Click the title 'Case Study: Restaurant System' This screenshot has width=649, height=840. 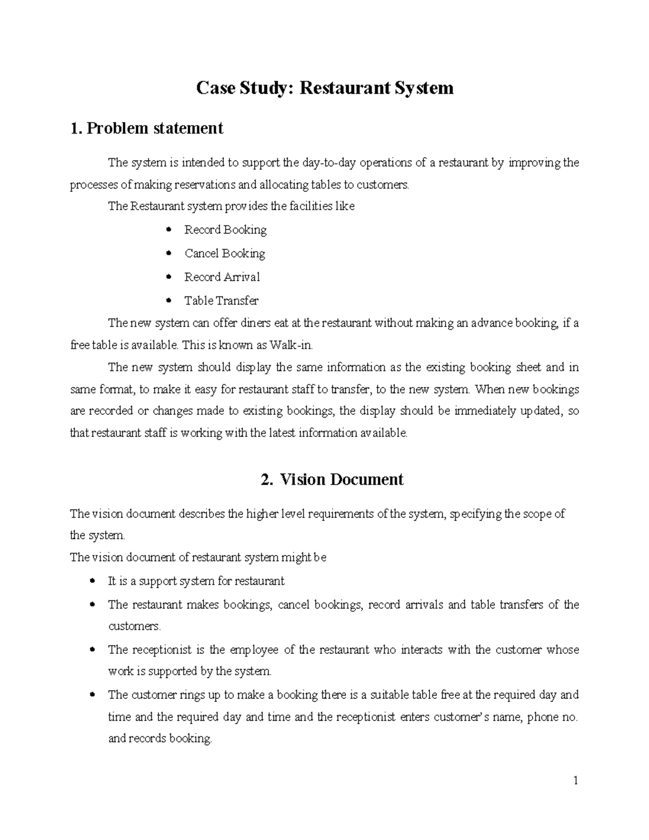tap(325, 88)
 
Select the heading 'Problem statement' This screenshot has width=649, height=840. tap(155, 129)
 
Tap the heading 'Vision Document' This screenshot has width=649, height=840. tap(341, 480)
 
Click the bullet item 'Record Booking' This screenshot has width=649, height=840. tap(225, 230)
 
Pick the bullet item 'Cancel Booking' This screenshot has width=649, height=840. tap(224, 254)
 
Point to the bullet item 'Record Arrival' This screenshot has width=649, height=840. tap(222, 277)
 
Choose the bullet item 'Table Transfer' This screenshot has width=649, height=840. tap(221, 301)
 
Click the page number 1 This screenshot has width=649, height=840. tap(576, 781)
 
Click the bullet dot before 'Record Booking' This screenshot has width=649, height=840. tap(169, 230)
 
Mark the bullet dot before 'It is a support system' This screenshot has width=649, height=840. tap(93, 581)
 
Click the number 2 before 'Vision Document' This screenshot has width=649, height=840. tap(266, 480)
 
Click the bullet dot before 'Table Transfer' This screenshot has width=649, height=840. tap(169, 301)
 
